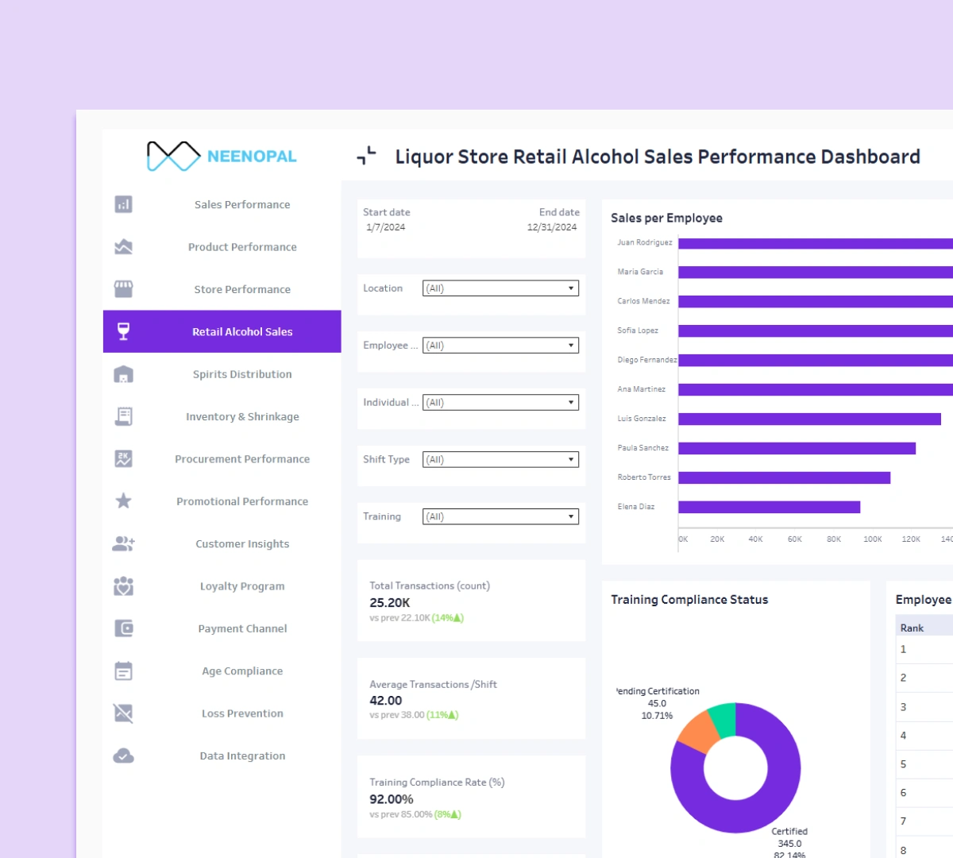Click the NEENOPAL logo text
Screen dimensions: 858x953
251,157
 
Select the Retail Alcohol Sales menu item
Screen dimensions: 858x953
241,332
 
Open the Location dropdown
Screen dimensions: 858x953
500,288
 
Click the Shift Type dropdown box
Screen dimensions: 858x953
500,460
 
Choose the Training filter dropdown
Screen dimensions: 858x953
500,517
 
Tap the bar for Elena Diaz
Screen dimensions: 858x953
769,507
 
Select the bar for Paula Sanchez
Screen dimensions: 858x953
797,448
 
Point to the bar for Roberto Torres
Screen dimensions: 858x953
784,477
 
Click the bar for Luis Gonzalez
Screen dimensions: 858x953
809,419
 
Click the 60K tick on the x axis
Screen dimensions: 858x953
794,539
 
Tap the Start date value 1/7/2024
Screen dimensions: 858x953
386,227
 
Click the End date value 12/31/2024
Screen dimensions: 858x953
551,227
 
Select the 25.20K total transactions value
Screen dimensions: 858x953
390,603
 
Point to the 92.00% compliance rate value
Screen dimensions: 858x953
392,799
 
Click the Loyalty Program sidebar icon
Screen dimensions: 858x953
123,586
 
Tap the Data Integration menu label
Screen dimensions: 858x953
242,756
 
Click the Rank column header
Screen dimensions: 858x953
912,628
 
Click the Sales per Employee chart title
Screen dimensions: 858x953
666,218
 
